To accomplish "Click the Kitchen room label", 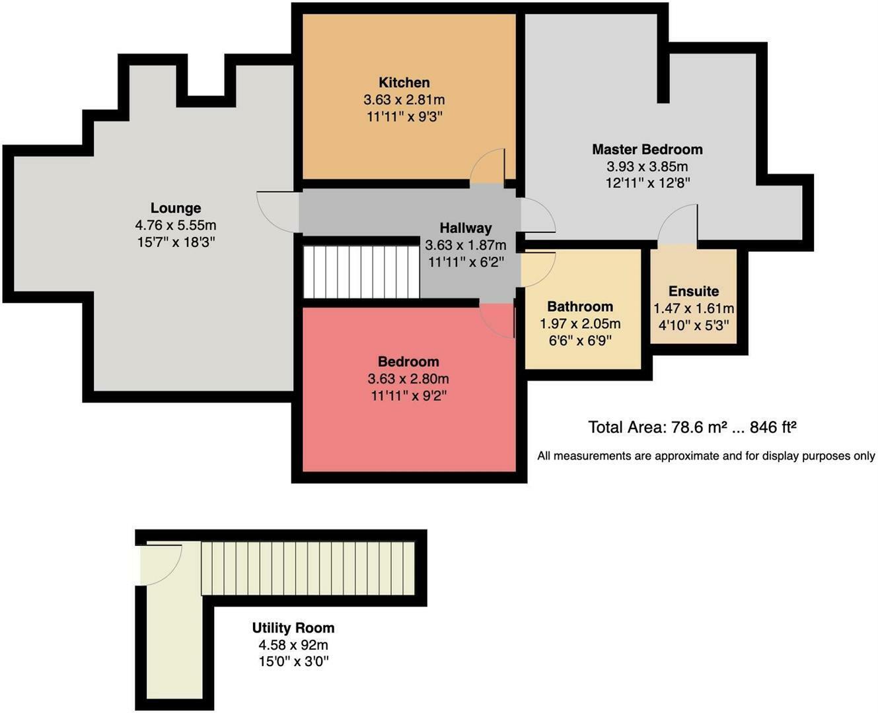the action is [x=404, y=83].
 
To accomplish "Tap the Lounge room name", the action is [x=176, y=208].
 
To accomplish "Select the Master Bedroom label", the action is [x=647, y=149].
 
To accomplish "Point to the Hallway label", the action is [x=465, y=228].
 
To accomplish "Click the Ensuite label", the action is [x=693, y=291].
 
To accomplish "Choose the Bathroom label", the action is [x=580, y=306].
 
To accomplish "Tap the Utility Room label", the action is [x=293, y=628].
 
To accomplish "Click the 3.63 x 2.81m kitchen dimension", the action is [x=404, y=100].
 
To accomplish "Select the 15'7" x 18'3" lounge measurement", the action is [x=176, y=242].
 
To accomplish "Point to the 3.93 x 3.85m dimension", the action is [x=647, y=166].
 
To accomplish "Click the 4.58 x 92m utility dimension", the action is [x=293, y=644].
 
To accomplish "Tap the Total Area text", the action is [x=692, y=427].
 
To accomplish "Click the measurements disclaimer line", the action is [x=706, y=456].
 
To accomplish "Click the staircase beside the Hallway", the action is [x=361, y=272].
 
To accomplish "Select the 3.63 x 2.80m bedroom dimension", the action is [x=408, y=378].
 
